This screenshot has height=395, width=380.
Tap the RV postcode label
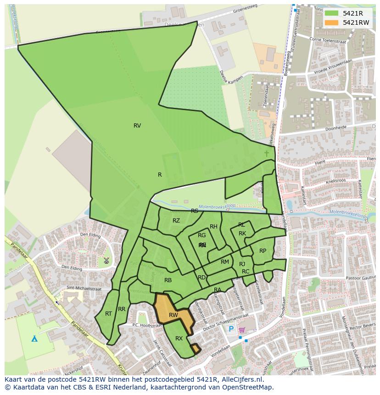(137, 126)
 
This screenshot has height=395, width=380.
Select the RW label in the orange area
(173, 315)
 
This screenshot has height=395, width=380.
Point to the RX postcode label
(179, 339)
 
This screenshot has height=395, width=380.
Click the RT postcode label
(108, 314)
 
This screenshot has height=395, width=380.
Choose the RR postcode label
(122, 309)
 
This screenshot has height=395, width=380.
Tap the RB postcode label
(168, 280)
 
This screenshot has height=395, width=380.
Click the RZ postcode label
(176, 221)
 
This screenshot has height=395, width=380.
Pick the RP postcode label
(263, 251)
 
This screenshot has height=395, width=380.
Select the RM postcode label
(225, 262)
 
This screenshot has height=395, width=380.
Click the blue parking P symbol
(231, 329)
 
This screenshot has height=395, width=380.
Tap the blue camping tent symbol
(34, 339)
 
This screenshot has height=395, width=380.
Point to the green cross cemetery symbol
(267, 153)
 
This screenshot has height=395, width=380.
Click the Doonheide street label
(335, 128)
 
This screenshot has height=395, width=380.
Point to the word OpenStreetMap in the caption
(249, 387)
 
